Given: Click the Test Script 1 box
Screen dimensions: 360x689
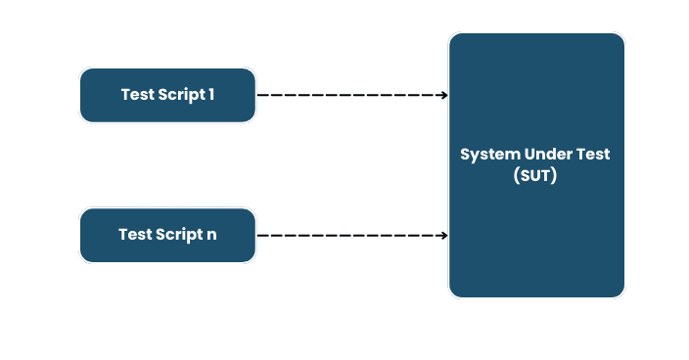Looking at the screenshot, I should pos(167,95).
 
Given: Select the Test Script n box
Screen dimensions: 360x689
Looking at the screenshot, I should pos(167,235).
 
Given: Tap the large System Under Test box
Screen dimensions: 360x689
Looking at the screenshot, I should pos(536,235).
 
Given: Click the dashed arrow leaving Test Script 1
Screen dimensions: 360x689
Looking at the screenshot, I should pos(352,95).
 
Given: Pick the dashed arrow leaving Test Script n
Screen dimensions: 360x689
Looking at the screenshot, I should pos(352,235).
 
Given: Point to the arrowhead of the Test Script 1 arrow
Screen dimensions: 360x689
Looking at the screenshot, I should pos(444,95).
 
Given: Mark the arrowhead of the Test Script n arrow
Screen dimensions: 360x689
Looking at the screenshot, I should pos(444,235).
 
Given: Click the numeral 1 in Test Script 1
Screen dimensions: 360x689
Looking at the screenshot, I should pos(211,95).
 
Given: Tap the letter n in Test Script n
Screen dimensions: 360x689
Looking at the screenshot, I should pos(212,236).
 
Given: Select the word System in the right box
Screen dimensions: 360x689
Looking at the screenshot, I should pos(490,155).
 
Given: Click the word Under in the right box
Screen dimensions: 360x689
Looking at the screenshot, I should pos(549,155).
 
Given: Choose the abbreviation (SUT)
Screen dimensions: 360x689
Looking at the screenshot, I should pos(535,176).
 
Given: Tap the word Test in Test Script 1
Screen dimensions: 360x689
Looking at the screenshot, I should pos(137,95).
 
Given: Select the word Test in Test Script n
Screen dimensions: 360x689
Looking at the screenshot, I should pos(135,235).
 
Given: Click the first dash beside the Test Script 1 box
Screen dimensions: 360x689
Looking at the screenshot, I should pos(261,95).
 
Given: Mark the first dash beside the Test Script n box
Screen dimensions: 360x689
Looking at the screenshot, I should pos(261,235).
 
